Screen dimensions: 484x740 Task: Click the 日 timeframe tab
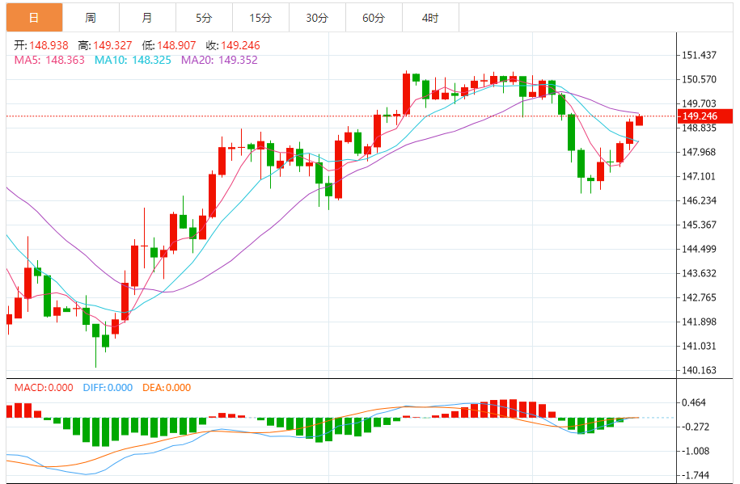[34, 17]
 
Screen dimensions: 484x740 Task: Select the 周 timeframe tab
[90, 17]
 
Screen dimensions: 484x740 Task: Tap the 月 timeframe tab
[146, 17]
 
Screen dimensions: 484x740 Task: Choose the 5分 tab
[204, 17]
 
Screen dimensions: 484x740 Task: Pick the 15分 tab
[260, 17]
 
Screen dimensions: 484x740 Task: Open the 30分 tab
[317, 17]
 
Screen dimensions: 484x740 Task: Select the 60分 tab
[374, 17]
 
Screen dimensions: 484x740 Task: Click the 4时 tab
[430, 17]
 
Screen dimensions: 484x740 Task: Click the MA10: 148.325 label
[133, 60]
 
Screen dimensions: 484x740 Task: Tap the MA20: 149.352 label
[219, 60]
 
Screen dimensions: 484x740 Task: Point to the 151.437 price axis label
[700, 55]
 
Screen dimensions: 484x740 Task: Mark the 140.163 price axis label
[700, 370]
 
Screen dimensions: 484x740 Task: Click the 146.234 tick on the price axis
[700, 200]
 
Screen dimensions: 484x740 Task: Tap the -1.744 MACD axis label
[696, 475]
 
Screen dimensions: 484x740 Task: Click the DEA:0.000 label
[167, 388]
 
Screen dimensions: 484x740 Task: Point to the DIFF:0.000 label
[108, 388]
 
